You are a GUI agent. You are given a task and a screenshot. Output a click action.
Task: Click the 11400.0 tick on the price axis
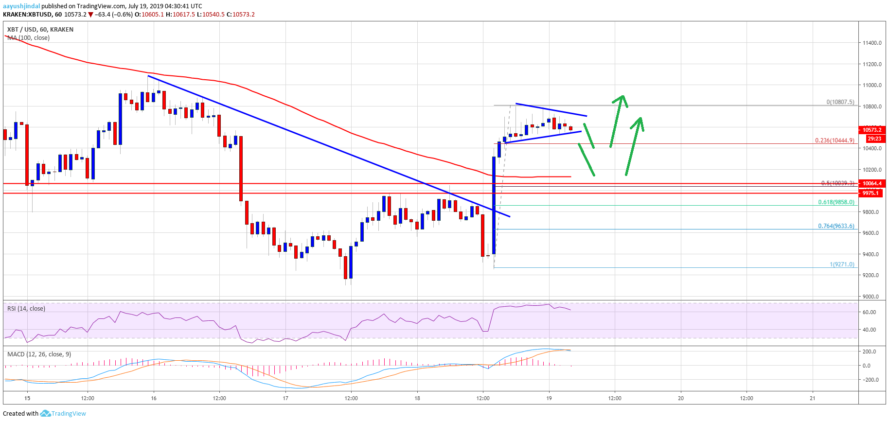[872, 43]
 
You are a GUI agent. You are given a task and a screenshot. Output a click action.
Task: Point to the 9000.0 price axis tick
[871, 297]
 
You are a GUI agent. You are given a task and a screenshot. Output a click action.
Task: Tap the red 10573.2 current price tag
[872, 130]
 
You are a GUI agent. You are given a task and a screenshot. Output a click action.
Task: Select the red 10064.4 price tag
[872, 183]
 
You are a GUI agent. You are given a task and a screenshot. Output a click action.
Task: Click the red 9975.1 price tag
[871, 193]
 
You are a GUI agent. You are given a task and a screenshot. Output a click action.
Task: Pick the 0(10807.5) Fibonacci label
[840, 102]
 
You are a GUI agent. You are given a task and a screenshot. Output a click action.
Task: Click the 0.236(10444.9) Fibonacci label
[835, 141]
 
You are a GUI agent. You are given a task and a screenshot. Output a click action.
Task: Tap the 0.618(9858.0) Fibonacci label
[836, 202]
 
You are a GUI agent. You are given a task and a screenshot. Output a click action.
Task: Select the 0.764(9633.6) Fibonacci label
[836, 226]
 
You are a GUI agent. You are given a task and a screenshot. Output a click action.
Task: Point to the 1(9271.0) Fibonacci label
[842, 264]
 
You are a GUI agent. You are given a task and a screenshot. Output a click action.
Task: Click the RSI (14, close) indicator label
[26, 309]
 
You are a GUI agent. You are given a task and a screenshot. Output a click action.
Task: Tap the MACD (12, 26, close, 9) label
[39, 354]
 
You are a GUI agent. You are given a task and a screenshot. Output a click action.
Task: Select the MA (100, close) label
[29, 38]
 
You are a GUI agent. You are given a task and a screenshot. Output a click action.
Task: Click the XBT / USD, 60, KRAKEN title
[40, 30]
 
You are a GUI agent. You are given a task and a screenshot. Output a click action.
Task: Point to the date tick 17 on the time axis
[285, 398]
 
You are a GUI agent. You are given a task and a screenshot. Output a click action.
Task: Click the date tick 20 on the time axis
[681, 398]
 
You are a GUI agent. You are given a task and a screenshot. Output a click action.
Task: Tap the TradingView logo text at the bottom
[68, 414]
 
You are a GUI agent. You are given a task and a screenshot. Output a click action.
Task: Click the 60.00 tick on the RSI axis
[869, 312]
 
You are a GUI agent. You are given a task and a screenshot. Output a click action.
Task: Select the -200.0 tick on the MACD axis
[870, 380]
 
